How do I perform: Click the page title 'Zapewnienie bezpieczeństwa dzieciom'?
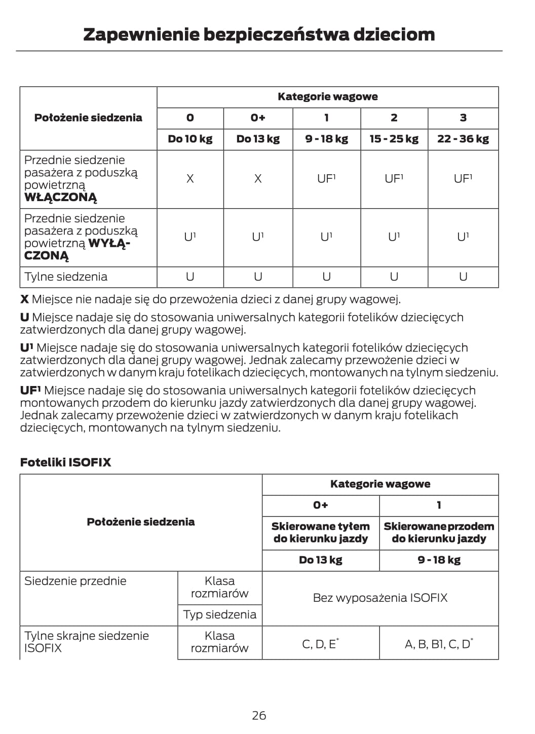259,34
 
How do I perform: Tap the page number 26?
259,715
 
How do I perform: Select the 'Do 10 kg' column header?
190,139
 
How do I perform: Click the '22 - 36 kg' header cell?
463,139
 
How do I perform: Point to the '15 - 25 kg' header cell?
394,139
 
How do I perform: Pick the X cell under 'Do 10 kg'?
190,179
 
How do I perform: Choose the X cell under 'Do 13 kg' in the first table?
258,179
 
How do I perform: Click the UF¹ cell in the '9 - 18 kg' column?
326,179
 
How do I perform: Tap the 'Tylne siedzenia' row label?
66,277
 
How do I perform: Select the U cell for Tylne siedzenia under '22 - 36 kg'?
463,277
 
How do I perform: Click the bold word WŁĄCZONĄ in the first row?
60,198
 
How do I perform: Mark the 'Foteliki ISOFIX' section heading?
65,462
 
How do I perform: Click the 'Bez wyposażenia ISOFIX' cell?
380,598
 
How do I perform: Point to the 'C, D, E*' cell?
320,644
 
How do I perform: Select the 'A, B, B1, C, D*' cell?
439,644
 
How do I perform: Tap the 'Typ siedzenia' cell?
219,614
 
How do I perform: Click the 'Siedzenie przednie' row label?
75,581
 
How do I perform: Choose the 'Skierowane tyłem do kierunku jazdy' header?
320,532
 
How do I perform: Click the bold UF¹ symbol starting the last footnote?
30,391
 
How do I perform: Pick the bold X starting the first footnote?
24,299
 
